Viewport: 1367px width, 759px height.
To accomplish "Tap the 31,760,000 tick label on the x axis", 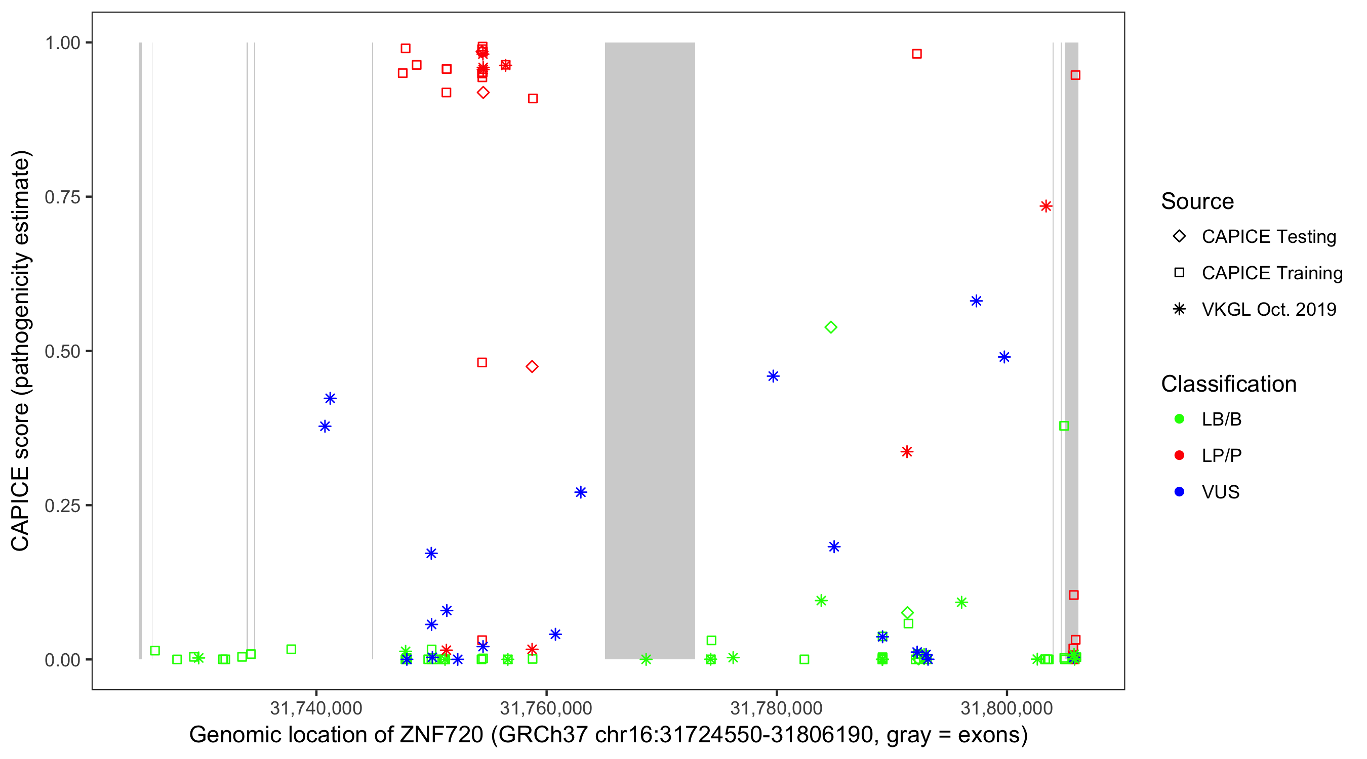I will coord(546,708).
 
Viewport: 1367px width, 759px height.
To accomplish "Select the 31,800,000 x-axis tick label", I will coord(1007,708).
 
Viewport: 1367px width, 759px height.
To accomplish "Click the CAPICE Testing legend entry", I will coord(1268,237).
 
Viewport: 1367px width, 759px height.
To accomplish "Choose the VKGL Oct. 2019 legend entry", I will coord(1268,309).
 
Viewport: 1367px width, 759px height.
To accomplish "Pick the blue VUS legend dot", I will coord(1179,492).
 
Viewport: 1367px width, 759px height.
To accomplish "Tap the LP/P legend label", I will coord(1221,455).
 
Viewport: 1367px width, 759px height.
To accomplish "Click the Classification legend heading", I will coord(1228,384).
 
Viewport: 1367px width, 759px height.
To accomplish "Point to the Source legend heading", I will coord(1197,201).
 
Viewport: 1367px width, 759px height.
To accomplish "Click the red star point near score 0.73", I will coord(1046,206).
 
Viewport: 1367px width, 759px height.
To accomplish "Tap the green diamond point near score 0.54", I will coord(831,327).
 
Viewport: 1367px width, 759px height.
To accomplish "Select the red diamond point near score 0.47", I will coord(532,366).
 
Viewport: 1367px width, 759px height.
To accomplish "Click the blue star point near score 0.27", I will coord(581,492).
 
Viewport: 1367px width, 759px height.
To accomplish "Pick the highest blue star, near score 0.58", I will coord(976,301).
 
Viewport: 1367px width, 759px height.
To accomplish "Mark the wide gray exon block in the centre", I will coord(650,350).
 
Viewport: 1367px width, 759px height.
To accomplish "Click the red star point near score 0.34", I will coord(907,452).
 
